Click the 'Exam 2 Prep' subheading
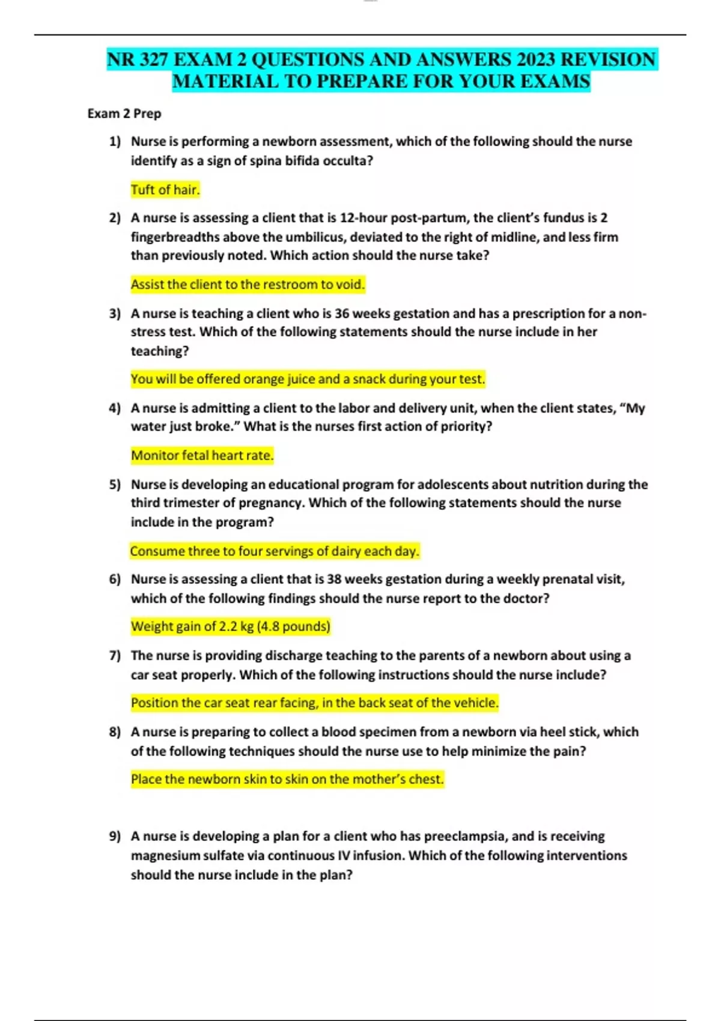click(x=124, y=114)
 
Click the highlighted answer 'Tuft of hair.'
click(x=165, y=190)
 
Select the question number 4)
click(x=115, y=408)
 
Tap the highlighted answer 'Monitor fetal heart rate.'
click(x=202, y=455)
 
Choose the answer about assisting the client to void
click(x=248, y=285)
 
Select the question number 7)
click(x=115, y=656)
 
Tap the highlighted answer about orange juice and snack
click(x=308, y=379)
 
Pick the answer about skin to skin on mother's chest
click(x=287, y=779)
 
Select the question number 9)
click(x=115, y=836)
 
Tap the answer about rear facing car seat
click(x=315, y=703)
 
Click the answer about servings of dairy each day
click(x=275, y=551)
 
